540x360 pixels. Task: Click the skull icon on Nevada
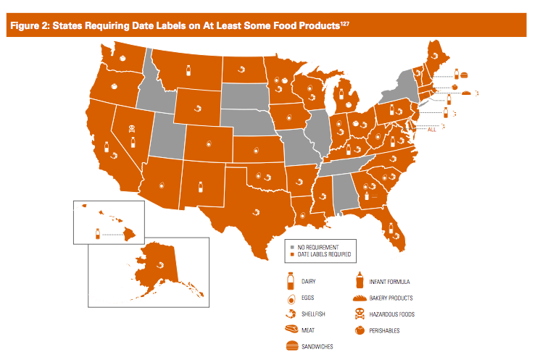click(132, 129)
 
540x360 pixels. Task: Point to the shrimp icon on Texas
click(256, 212)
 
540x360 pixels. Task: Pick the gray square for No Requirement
click(290, 247)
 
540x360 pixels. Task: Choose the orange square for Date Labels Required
click(290, 254)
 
